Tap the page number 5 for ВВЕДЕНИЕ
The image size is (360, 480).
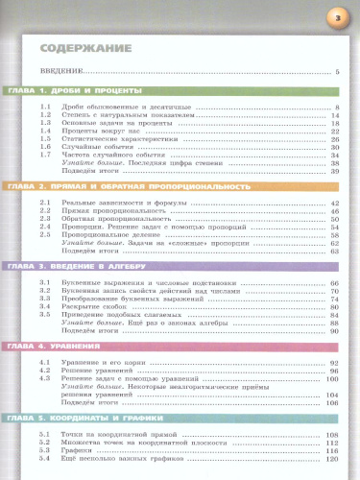pyautogui.click(x=338, y=73)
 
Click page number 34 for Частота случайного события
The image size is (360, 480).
pyautogui.click(x=335, y=155)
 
